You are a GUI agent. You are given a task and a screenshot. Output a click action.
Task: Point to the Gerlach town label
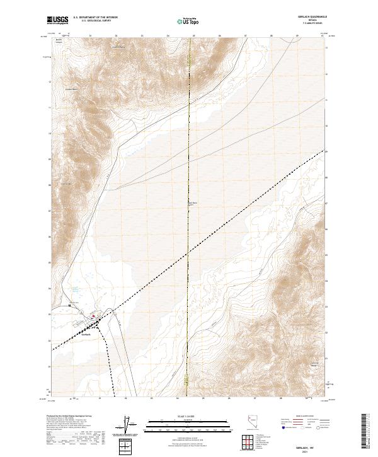[x=89, y=334]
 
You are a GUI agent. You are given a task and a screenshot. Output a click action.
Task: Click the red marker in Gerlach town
[x=94, y=316]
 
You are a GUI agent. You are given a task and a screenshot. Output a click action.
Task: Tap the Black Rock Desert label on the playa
[x=194, y=204]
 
